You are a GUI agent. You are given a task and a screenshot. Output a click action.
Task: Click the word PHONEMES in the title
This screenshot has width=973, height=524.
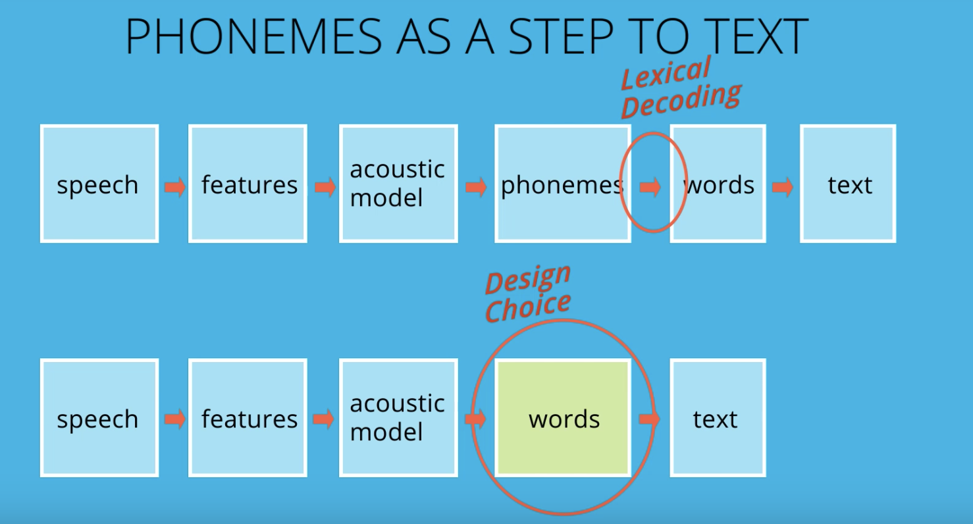click(253, 36)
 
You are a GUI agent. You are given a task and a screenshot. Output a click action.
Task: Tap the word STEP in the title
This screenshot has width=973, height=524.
click(561, 36)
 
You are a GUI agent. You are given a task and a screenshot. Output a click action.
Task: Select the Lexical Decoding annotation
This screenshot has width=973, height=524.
click(681, 88)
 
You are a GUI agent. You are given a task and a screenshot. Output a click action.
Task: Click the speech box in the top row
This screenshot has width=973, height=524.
click(99, 184)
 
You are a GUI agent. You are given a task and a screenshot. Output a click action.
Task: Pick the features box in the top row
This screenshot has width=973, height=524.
click(248, 184)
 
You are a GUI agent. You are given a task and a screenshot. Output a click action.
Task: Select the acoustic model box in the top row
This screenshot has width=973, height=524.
click(398, 184)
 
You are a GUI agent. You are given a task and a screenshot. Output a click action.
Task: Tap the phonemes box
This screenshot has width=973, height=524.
click(562, 184)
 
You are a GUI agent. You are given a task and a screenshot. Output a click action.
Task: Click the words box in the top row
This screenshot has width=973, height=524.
click(718, 184)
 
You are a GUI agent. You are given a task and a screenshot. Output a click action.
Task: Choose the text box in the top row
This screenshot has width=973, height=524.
click(848, 184)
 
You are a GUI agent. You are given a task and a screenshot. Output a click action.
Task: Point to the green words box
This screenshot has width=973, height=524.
click(563, 418)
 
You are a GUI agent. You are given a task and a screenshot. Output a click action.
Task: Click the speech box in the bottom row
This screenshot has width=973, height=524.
click(99, 418)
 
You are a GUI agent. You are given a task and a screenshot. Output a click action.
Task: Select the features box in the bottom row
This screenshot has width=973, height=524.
click(248, 418)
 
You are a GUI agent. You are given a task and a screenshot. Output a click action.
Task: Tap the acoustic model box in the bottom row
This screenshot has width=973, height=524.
click(398, 418)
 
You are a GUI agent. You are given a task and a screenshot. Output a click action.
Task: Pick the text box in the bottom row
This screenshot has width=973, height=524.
click(718, 418)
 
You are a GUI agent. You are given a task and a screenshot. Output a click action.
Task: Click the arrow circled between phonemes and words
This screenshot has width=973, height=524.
click(650, 187)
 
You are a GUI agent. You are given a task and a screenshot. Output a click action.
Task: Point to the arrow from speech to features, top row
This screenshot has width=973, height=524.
click(175, 187)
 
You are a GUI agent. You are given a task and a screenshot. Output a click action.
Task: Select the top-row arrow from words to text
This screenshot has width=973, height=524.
click(783, 187)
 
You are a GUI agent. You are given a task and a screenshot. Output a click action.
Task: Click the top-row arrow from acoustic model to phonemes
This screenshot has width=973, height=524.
click(476, 187)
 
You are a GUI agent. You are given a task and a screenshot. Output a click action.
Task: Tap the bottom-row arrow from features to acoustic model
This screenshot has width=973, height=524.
click(324, 419)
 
